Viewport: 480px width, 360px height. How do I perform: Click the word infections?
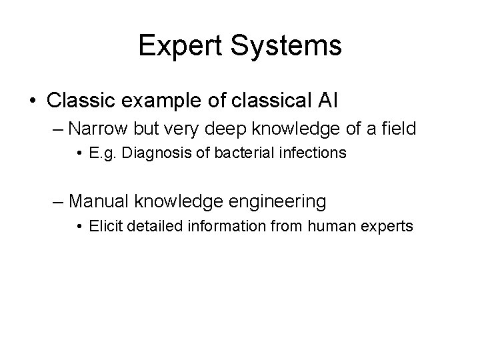click(x=315, y=153)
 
